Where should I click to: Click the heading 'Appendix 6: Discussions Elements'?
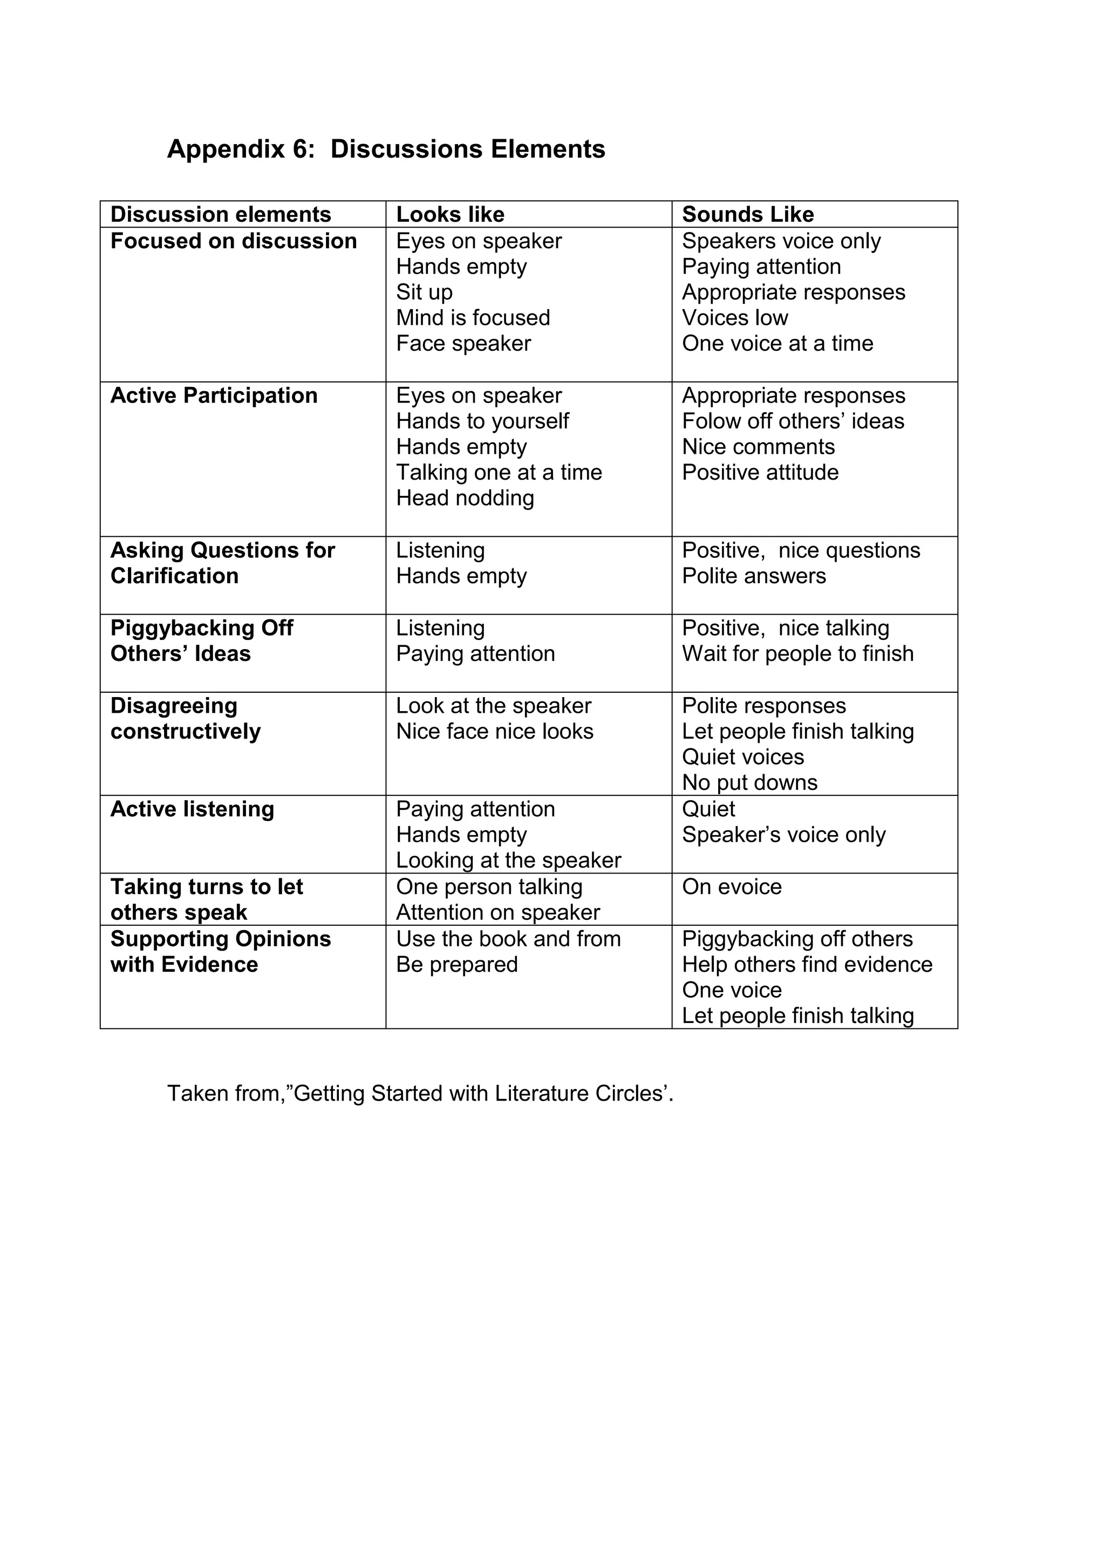point(386,149)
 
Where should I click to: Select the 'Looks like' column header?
point(450,214)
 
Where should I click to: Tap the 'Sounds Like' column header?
point(748,214)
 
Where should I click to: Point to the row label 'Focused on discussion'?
point(234,241)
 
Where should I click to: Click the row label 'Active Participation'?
point(214,395)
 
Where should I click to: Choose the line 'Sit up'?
point(424,292)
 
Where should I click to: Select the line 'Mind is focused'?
point(473,318)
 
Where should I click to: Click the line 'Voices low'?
point(735,318)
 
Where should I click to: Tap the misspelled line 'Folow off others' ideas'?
point(793,421)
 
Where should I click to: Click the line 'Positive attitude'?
point(760,473)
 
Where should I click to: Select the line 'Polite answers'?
point(754,576)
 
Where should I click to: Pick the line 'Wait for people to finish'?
point(798,653)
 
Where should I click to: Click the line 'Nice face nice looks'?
point(494,731)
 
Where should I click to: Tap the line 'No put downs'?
point(749,783)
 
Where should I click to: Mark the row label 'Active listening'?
point(192,809)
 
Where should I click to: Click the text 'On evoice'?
point(732,887)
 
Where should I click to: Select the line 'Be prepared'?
point(457,965)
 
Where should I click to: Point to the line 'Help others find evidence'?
point(807,965)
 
